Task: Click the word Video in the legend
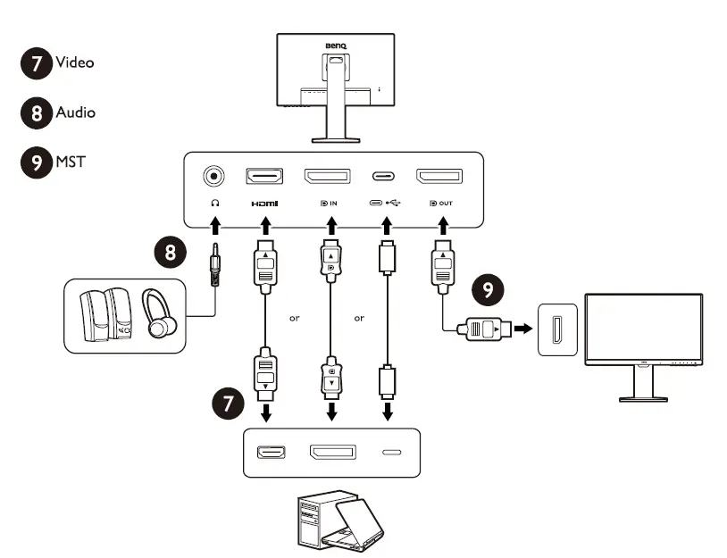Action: tap(75, 62)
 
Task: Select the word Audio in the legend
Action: tap(76, 112)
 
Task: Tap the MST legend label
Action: tap(71, 162)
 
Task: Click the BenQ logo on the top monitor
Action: tap(336, 46)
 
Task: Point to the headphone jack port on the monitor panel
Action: tap(213, 176)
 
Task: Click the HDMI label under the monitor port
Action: tap(264, 204)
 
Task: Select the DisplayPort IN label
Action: tap(329, 203)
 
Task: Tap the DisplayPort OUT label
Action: tap(441, 203)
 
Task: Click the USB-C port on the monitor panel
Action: tap(383, 176)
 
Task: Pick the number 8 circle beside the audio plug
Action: tap(171, 253)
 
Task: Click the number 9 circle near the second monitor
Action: tap(488, 289)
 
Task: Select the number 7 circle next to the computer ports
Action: tap(228, 404)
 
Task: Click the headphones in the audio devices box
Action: tap(159, 313)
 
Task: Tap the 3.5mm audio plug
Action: tap(214, 264)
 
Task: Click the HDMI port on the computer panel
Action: tap(272, 452)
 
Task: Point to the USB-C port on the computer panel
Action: tap(392, 452)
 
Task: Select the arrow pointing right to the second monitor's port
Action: tap(523, 329)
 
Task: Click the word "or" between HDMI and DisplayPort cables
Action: tap(295, 319)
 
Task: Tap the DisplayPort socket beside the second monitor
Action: tap(557, 329)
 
